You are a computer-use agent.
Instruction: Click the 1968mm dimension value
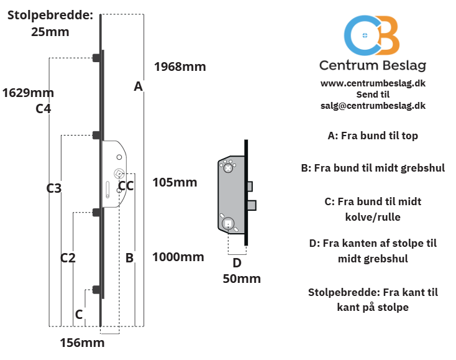pos(180,67)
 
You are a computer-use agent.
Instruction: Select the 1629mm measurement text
pos(28,93)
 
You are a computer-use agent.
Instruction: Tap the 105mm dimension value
pos(175,182)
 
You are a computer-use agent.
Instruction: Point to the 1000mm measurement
pos(178,257)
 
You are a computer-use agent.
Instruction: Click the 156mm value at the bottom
pos(82,343)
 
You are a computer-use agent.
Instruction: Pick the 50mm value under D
pos(242,279)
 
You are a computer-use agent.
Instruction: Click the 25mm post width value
pos(50,32)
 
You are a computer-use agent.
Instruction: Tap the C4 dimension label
pos(43,109)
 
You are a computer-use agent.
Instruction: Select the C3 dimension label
pos(54,188)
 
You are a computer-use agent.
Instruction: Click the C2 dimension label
pos(68,258)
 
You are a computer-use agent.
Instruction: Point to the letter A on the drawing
pos(139,86)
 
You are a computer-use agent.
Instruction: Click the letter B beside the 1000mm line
pos(129,258)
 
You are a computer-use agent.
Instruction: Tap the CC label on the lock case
pos(126,186)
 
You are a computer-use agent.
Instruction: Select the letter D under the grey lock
pos(237,263)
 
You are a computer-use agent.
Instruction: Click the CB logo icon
pos(372,35)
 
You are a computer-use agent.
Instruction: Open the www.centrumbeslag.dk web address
pos(373,83)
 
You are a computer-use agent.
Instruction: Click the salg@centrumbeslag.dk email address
pos(373,105)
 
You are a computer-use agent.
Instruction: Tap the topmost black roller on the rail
pos(97,58)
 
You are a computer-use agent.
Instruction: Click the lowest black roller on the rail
pos(97,290)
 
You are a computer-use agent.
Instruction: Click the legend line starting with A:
pos(373,136)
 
